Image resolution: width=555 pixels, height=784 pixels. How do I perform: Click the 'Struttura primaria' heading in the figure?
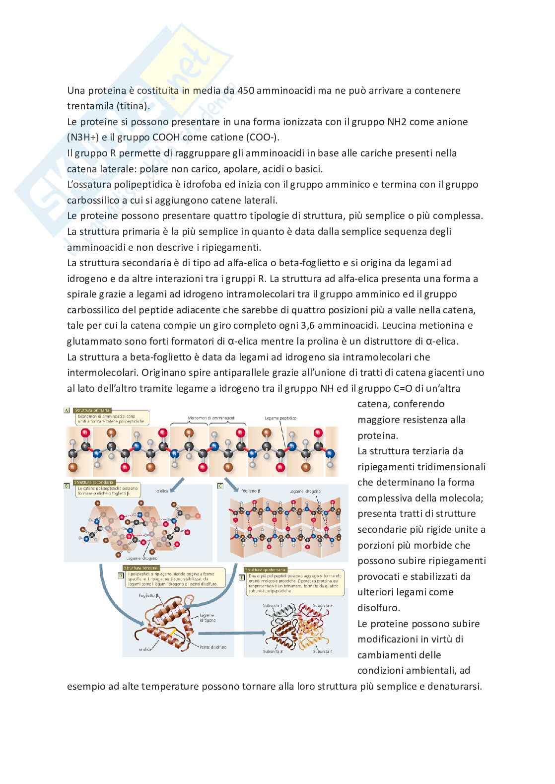click(93, 410)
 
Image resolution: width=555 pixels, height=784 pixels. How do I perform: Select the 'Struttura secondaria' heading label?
click(94, 482)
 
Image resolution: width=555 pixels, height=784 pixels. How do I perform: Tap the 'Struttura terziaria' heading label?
click(141, 568)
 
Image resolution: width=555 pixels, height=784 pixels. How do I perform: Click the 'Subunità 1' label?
click(273, 606)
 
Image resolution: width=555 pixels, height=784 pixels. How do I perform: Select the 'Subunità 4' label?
click(322, 651)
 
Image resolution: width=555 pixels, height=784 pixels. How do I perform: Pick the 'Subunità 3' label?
click(273, 651)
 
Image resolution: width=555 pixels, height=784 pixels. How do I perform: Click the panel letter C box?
click(220, 486)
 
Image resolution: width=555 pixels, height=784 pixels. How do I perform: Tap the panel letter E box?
click(242, 577)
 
